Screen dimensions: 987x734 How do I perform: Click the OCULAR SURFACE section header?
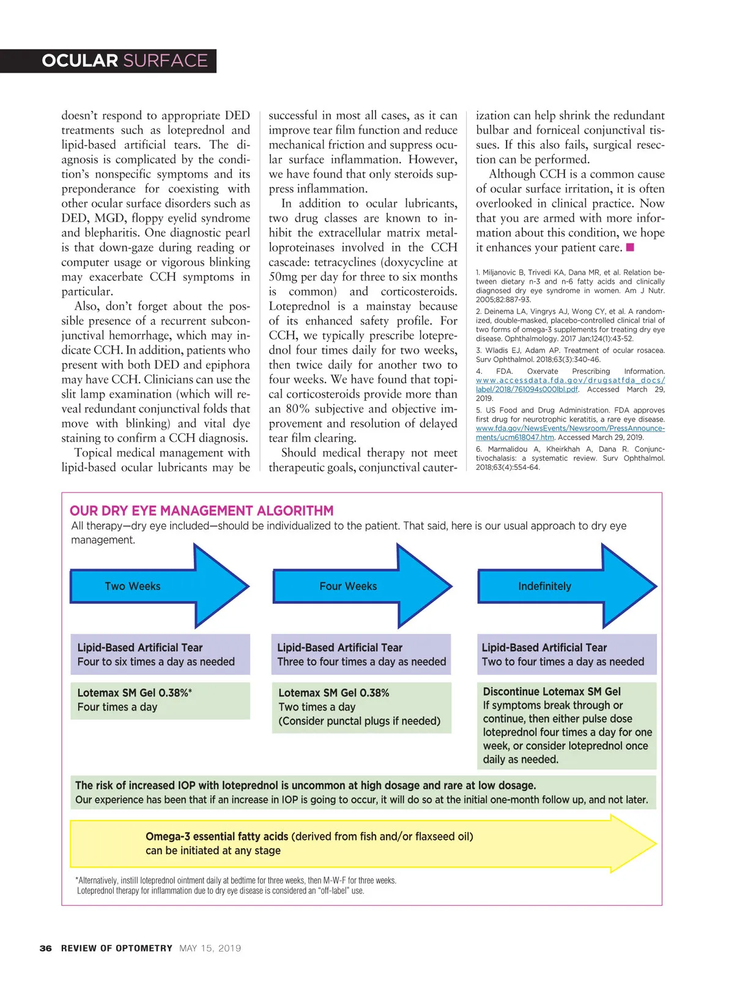(125, 61)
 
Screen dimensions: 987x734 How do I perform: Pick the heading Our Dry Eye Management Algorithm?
(202, 510)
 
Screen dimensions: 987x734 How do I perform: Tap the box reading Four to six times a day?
(160, 654)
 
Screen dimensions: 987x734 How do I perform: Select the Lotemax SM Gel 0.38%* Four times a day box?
(160, 700)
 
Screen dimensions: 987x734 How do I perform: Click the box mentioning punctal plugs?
(361, 707)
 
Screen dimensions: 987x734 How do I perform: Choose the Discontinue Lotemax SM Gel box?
(566, 725)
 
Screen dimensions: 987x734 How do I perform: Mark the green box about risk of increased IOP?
(363, 792)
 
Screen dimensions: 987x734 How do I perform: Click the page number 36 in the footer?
(45, 948)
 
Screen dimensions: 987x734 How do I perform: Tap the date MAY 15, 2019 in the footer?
(210, 948)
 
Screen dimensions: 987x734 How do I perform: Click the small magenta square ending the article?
(630, 247)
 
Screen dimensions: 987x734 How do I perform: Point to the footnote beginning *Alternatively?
(236, 885)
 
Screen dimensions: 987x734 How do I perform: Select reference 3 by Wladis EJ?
(570, 355)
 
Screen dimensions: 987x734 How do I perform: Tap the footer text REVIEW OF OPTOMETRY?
(116, 948)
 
